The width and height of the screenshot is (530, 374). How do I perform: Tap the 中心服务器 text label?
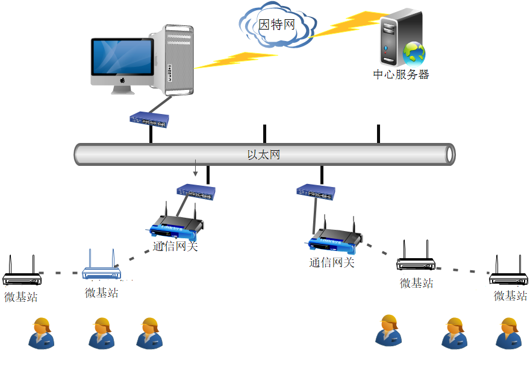pyautogui.click(x=401, y=74)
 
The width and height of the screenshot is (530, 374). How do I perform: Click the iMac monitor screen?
pyautogui.click(x=122, y=57)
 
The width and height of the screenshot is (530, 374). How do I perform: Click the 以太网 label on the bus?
pyautogui.click(x=264, y=154)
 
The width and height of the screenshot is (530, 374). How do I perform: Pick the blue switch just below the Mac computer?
pyautogui.click(x=149, y=119)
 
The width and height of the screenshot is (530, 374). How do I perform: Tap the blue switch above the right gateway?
pyautogui.click(x=316, y=192)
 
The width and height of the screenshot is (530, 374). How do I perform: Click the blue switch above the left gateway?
pyautogui.click(x=195, y=192)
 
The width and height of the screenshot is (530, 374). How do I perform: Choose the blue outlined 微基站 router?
pyautogui.click(x=101, y=268)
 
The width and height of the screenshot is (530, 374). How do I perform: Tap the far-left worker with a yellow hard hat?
pyautogui.click(x=41, y=332)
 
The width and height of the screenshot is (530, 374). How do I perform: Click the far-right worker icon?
pyautogui.click(x=508, y=334)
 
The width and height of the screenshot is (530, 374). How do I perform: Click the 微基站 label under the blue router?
pyautogui.click(x=101, y=293)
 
